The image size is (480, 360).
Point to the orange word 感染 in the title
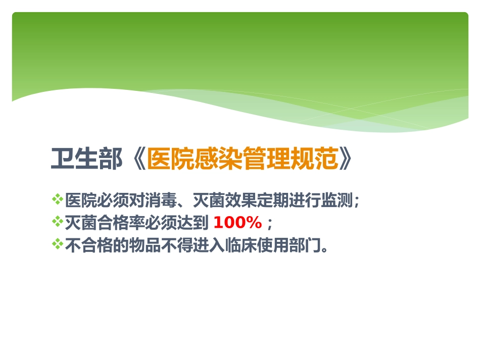pos(218,159)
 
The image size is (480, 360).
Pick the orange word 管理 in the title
pos(266,159)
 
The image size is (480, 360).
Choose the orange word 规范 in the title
pos(314,159)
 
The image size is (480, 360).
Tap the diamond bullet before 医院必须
pos(57,199)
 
